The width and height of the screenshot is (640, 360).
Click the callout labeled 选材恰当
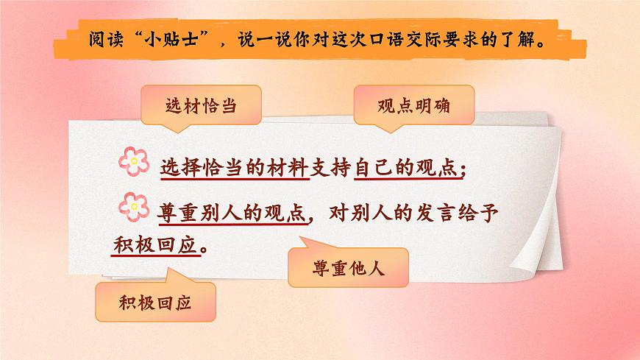190,106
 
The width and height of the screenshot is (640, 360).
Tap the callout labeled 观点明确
414,105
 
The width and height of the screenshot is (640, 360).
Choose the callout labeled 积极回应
154,302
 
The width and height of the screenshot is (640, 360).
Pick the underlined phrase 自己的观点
405,168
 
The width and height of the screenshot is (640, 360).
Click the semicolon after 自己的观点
461,171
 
